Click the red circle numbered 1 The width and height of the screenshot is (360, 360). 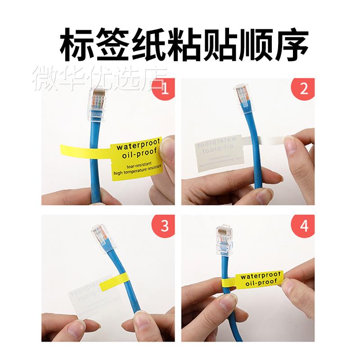click(x=163, y=90)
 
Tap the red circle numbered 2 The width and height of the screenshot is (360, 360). click(x=304, y=90)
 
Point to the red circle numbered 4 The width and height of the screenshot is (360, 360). click(x=304, y=226)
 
